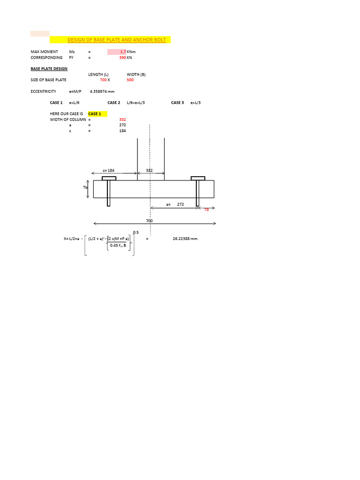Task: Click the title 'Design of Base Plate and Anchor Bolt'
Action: click(x=117, y=40)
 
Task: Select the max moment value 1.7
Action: click(x=123, y=52)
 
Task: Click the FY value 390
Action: click(x=122, y=57)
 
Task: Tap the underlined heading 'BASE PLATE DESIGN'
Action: click(x=49, y=68)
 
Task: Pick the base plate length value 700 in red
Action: click(x=103, y=80)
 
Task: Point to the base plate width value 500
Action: click(x=130, y=80)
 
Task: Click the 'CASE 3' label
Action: click(x=177, y=102)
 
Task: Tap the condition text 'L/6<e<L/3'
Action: click(x=135, y=102)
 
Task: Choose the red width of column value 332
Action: click(x=122, y=120)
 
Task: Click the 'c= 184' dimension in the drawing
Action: click(x=108, y=171)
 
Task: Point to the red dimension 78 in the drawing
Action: click(x=206, y=210)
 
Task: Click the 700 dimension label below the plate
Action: click(x=149, y=220)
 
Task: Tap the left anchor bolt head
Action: click(x=109, y=178)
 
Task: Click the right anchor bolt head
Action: click(x=197, y=178)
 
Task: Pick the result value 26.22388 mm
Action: click(x=185, y=239)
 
